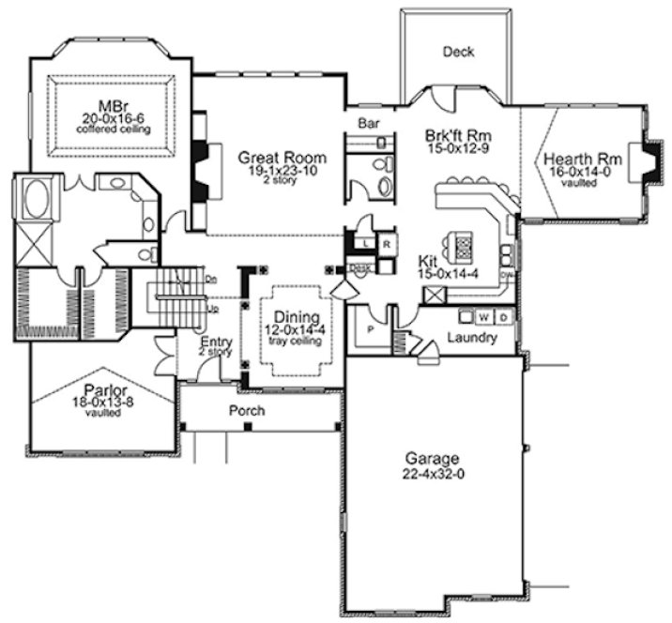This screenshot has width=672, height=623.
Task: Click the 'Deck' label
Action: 458,53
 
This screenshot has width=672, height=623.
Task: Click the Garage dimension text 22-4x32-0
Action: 432,475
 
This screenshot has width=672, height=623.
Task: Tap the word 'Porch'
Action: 247,411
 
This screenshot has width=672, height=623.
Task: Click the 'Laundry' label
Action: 471,338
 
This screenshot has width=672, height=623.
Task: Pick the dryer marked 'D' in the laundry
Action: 503,317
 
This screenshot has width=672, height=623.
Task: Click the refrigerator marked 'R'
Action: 385,243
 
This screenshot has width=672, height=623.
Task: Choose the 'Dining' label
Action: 289,317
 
